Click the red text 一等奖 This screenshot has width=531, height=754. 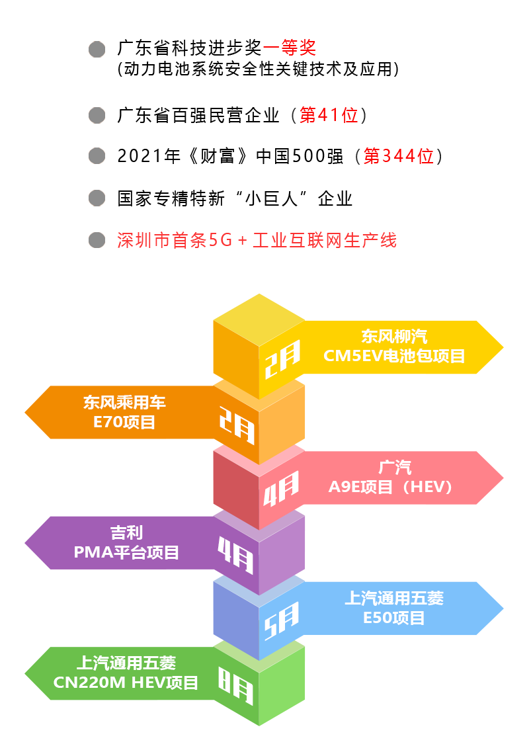click(289, 48)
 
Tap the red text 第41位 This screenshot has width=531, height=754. click(329, 116)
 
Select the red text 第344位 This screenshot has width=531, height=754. click(398, 157)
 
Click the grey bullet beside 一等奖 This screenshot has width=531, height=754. click(97, 50)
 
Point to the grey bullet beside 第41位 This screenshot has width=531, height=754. click(97, 116)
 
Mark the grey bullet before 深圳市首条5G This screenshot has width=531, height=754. click(97, 240)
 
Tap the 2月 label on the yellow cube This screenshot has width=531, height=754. click(282, 359)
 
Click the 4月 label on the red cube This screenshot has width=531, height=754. click(282, 489)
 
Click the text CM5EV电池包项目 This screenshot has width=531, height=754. click(394, 356)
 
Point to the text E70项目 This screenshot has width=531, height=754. click(124, 422)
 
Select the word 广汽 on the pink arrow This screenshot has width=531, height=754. click(395, 468)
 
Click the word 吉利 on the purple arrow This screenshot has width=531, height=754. click(126, 532)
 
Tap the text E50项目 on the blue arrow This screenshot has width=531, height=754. click(394, 618)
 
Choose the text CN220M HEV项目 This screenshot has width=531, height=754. click(126, 683)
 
